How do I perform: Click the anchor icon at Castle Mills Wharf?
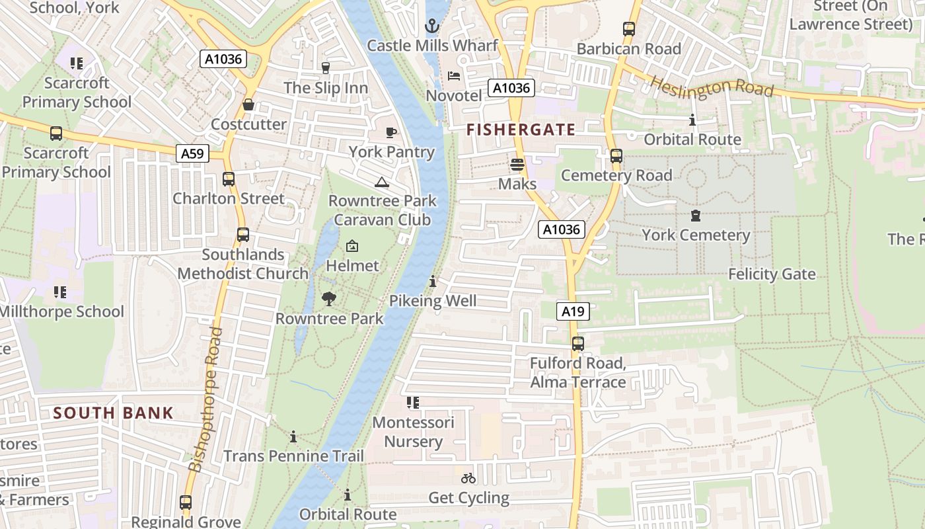[431, 26]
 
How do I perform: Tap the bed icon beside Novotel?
[454, 76]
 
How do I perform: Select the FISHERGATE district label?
[521, 130]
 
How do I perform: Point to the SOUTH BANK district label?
[113, 413]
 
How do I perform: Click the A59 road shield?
[192, 153]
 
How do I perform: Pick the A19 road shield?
[572, 311]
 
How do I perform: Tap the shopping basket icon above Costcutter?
[248, 104]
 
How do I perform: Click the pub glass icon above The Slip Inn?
[325, 67]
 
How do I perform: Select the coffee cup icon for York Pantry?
[391, 132]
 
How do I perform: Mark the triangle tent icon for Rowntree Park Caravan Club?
[381, 182]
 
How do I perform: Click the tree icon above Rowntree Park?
[329, 299]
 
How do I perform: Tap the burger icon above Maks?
[517, 164]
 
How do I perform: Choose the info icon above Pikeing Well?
[433, 282]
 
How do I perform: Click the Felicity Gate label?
[772, 274]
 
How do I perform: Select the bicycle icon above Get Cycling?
[468, 478]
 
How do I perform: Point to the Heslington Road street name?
[712, 86]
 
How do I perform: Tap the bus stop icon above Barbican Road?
[629, 29]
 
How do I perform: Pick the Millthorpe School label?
[62, 311]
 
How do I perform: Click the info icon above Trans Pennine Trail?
[293, 437]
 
